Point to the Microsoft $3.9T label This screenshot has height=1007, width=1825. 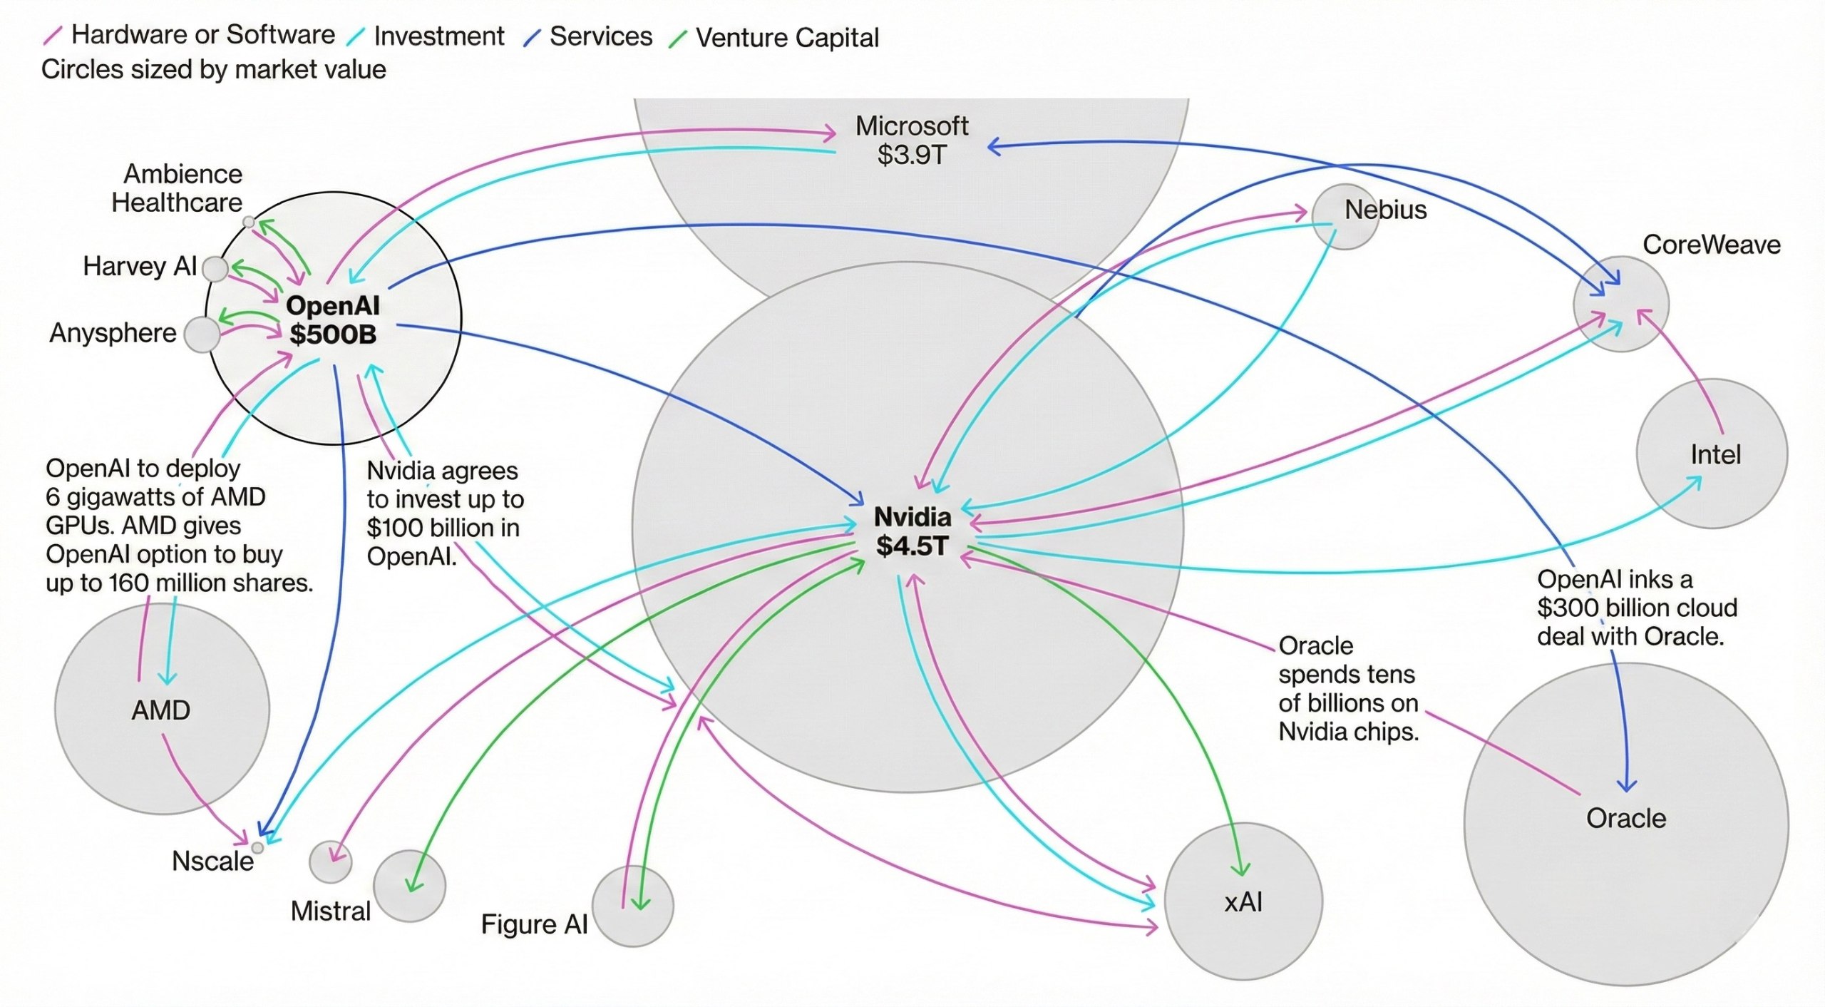(x=911, y=140)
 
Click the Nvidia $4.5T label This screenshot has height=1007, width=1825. (x=912, y=531)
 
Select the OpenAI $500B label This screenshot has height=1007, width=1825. (x=332, y=320)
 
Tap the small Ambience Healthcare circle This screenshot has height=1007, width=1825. (x=248, y=223)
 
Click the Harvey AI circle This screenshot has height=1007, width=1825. (x=215, y=270)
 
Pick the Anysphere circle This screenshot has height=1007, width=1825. (x=202, y=334)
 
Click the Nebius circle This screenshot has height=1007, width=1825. (x=1345, y=216)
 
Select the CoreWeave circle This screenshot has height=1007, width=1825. (x=1620, y=305)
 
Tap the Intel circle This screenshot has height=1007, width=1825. (x=1712, y=454)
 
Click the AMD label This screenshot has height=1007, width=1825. (x=161, y=710)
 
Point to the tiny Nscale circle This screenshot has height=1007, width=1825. (x=257, y=848)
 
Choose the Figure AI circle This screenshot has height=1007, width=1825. (x=632, y=906)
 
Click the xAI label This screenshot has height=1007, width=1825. (x=1243, y=903)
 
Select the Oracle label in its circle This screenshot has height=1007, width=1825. (x=1625, y=818)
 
